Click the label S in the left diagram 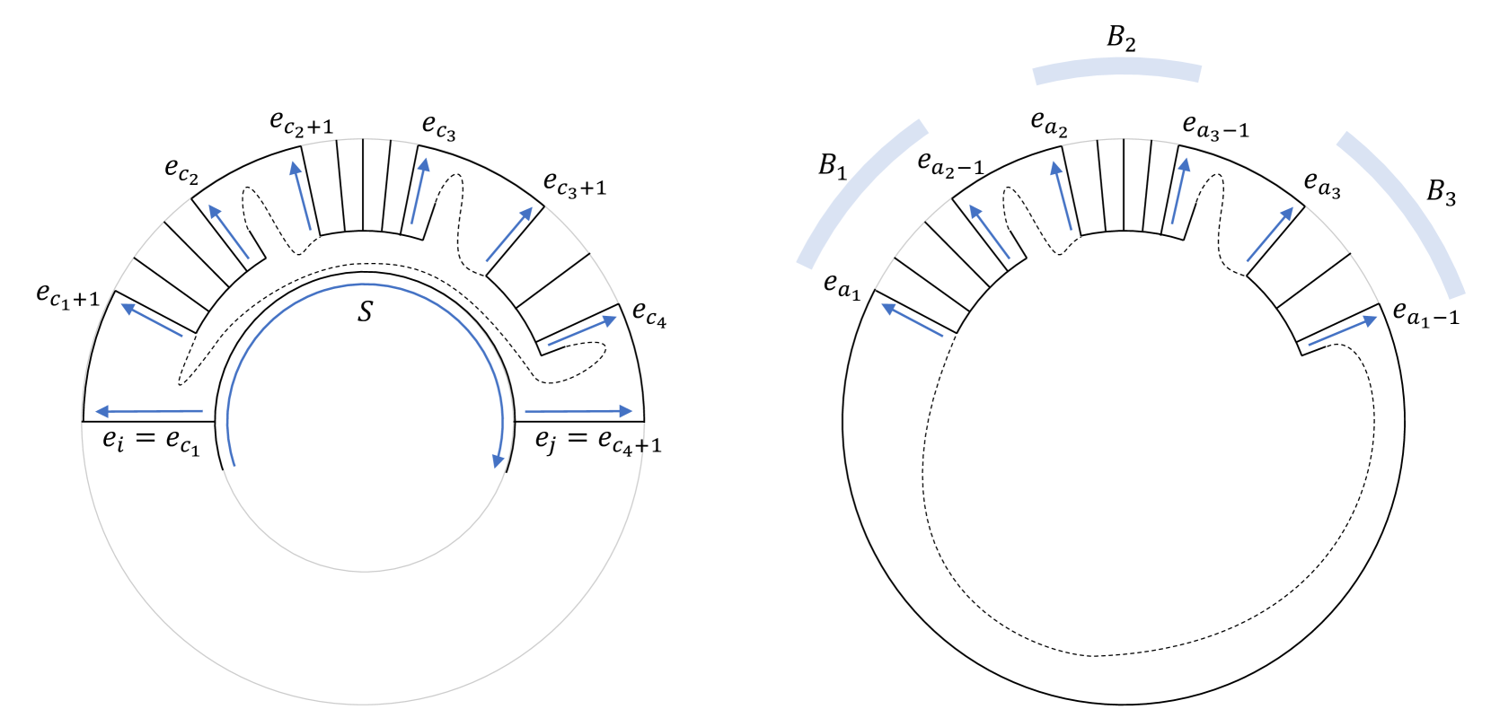pyautogui.click(x=365, y=311)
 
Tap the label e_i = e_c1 pyautogui.click(x=151, y=442)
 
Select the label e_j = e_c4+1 pyautogui.click(x=598, y=442)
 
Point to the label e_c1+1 pyautogui.click(x=68, y=294)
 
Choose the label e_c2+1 pyautogui.click(x=302, y=123)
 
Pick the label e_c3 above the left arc pyautogui.click(x=439, y=127)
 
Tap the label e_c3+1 pyautogui.click(x=575, y=184)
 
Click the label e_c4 pyautogui.click(x=649, y=313)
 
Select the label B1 pyautogui.click(x=832, y=165)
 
